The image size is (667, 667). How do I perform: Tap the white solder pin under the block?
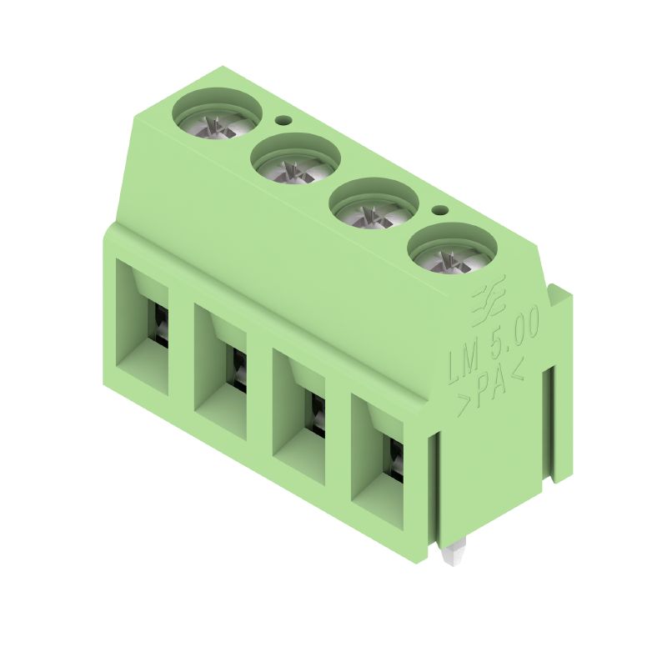(x=454, y=556)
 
